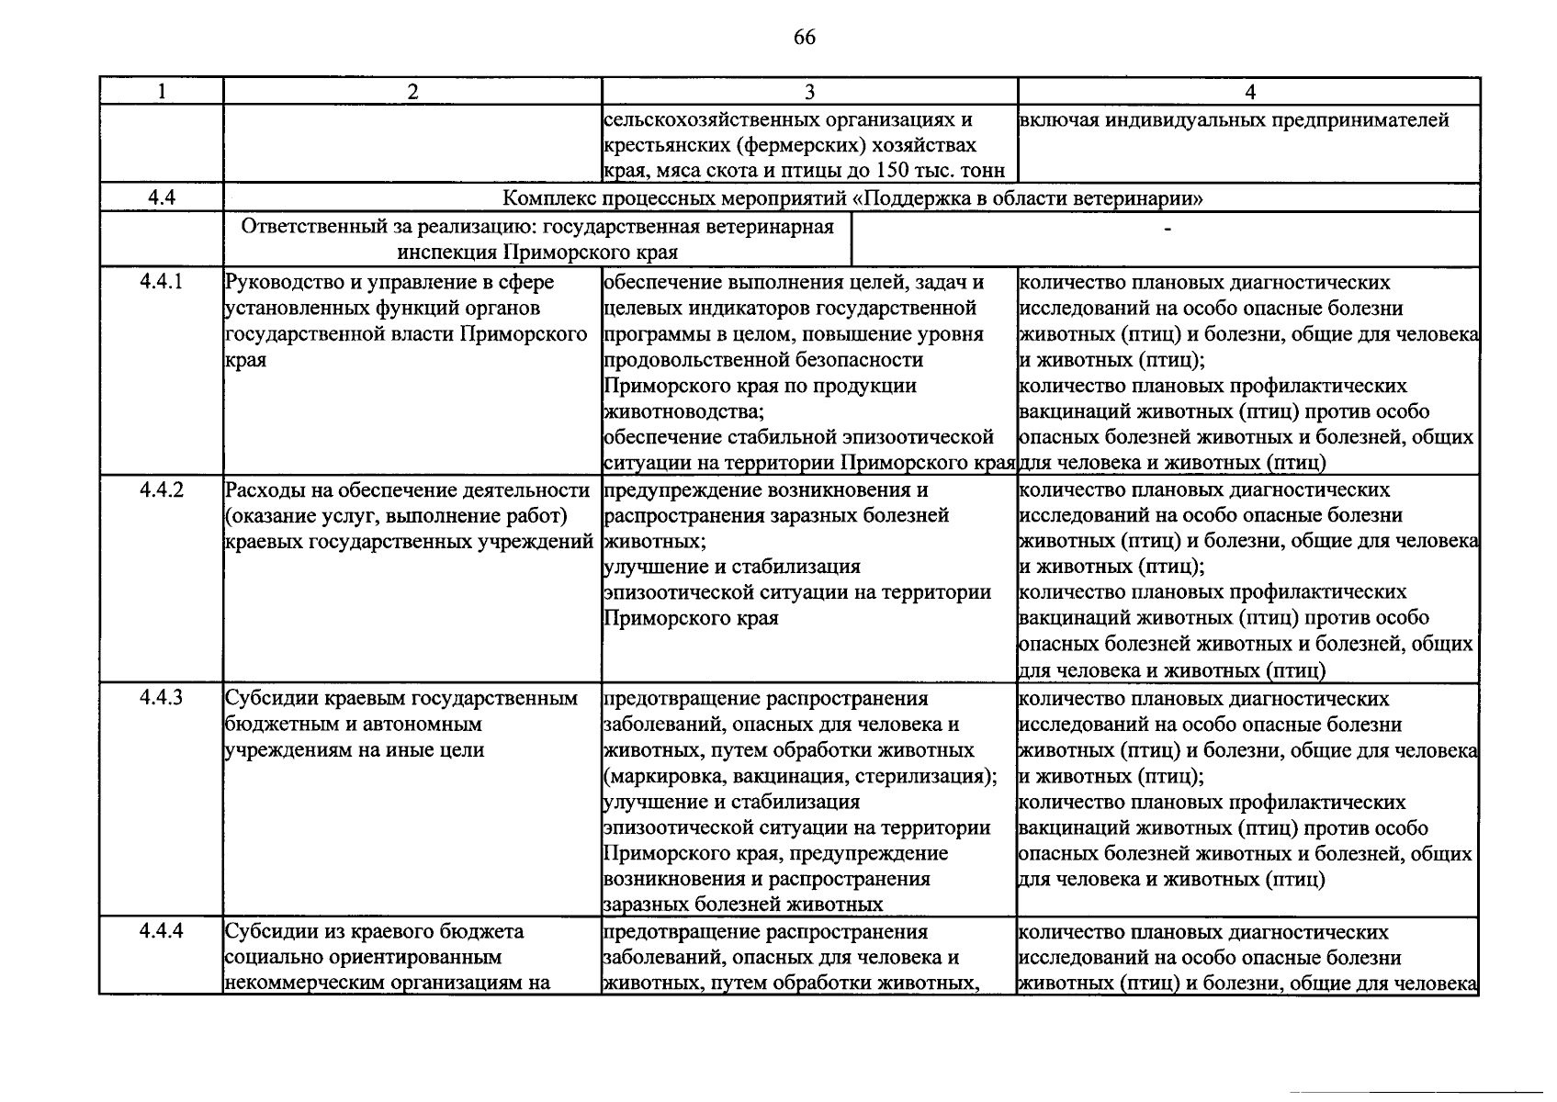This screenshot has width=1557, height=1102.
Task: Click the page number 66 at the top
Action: (x=804, y=38)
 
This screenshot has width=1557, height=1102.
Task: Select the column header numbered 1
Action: (x=162, y=91)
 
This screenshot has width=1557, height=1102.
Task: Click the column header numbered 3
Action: (x=809, y=91)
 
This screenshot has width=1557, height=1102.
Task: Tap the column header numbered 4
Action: (x=1249, y=91)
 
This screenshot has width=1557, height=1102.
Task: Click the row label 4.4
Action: (x=162, y=197)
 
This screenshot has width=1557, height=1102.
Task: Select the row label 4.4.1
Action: (x=162, y=282)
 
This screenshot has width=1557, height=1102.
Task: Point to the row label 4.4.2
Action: (x=162, y=489)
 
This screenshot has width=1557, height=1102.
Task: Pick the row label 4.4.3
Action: (x=162, y=698)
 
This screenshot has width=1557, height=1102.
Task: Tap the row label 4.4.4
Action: (x=162, y=931)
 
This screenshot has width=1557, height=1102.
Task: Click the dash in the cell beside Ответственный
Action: (x=1167, y=229)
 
